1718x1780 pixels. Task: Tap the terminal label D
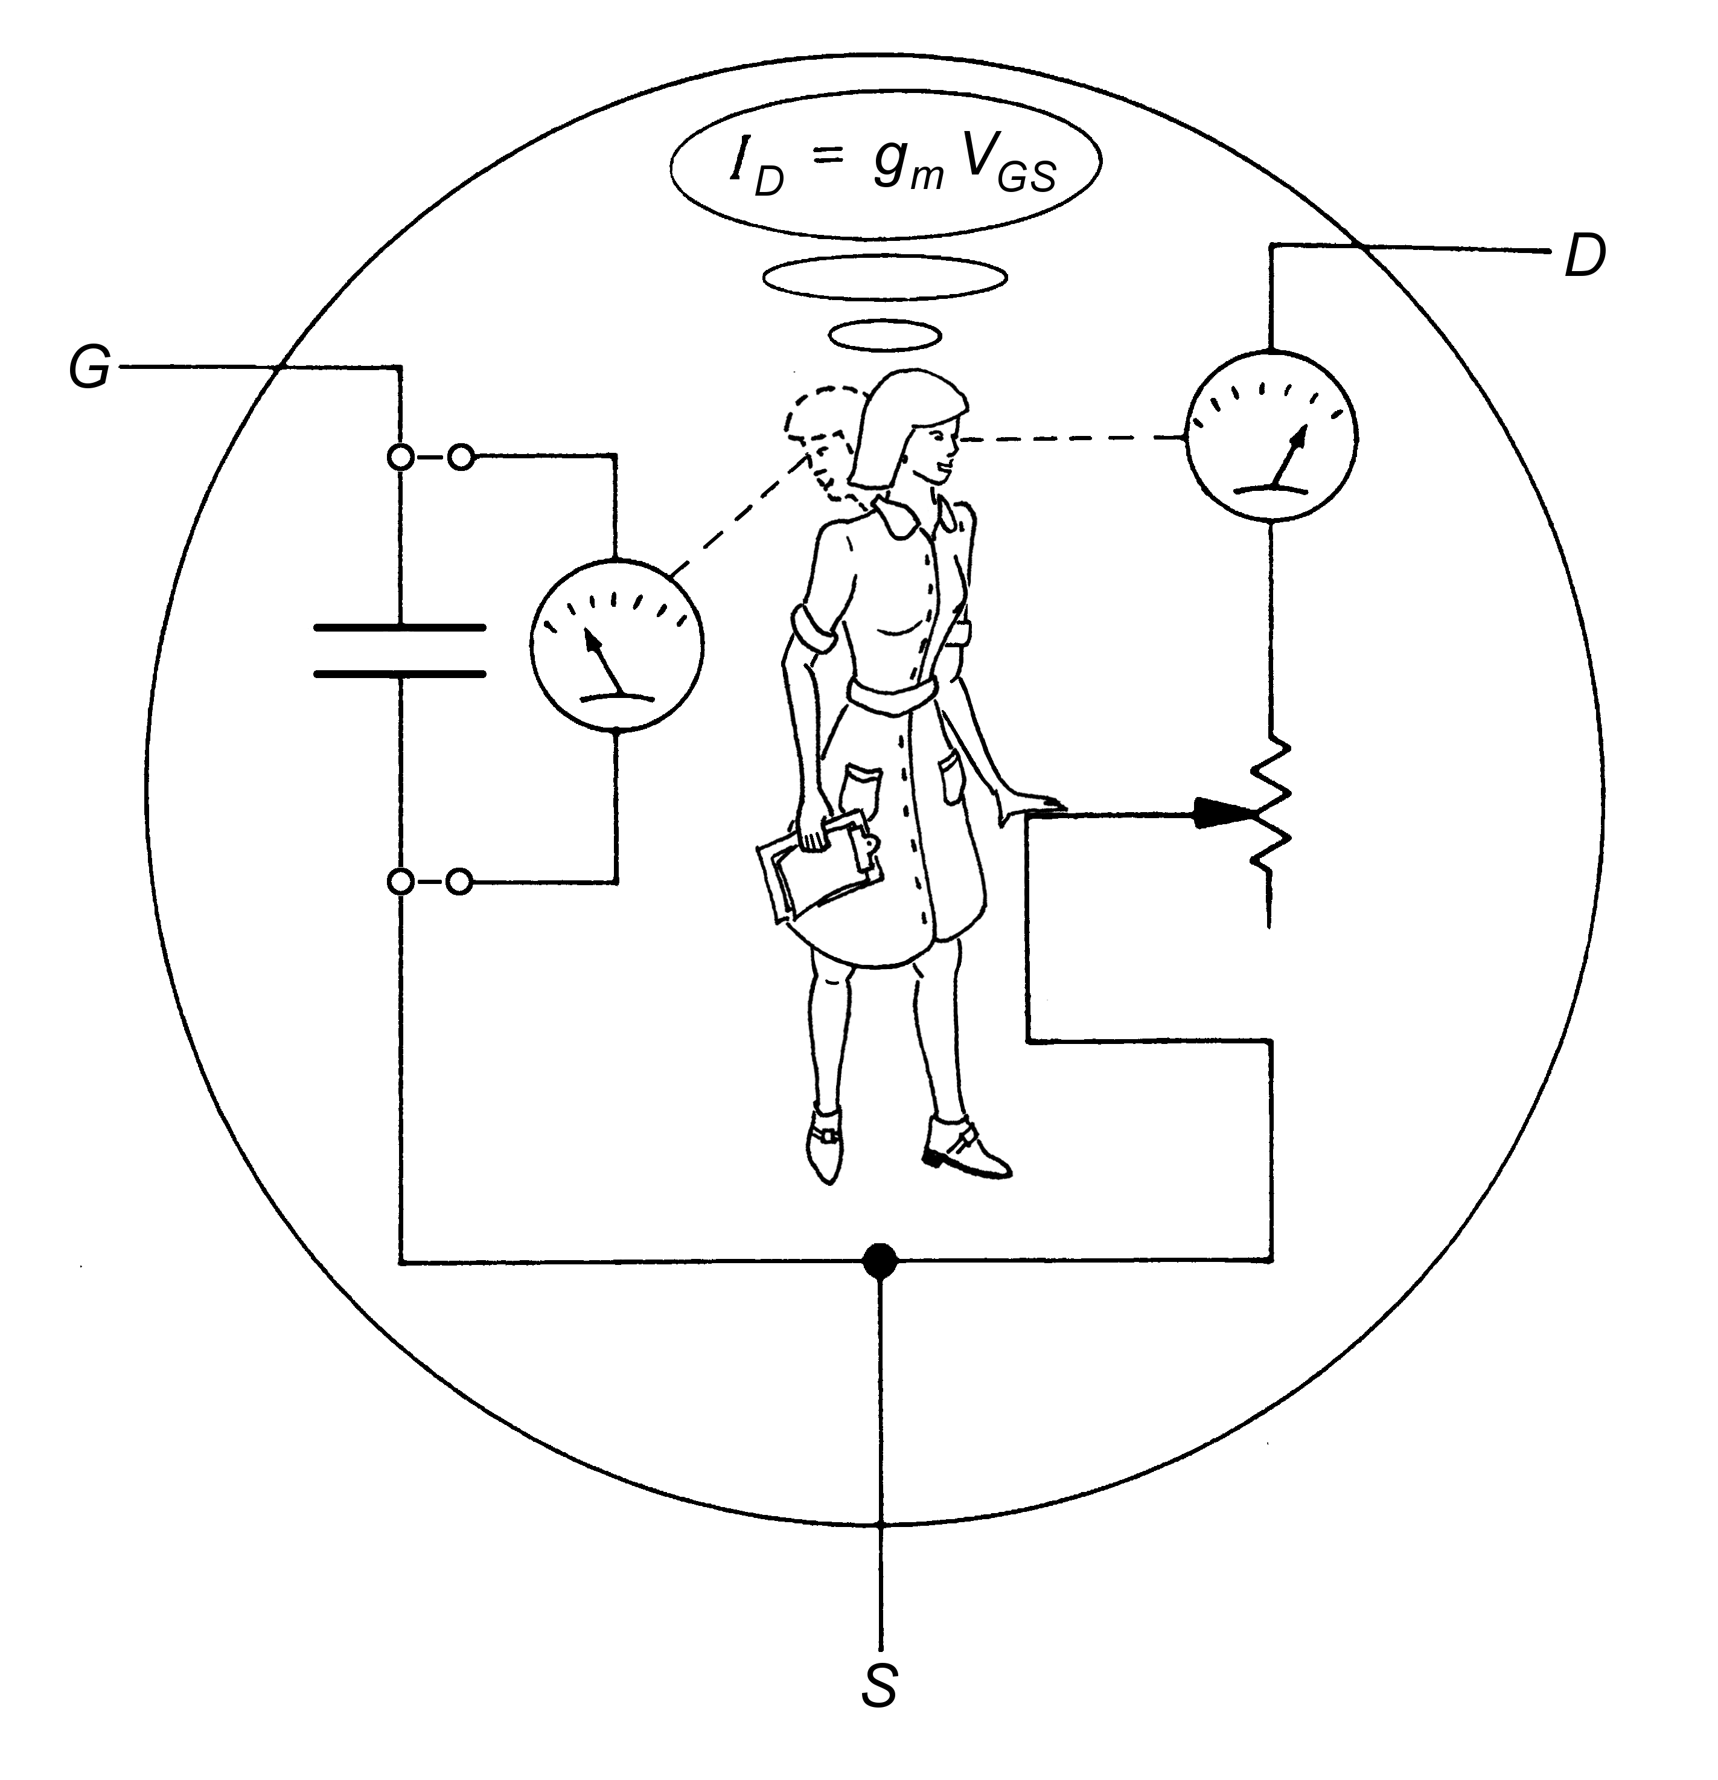click(x=1585, y=257)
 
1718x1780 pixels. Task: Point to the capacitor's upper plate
click(x=400, y=627)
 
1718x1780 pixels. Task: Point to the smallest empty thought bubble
click(x=884, y=335)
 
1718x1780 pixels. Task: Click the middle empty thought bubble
click(x=884, y=277)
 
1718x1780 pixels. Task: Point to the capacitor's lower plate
click(x=400, y=674)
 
